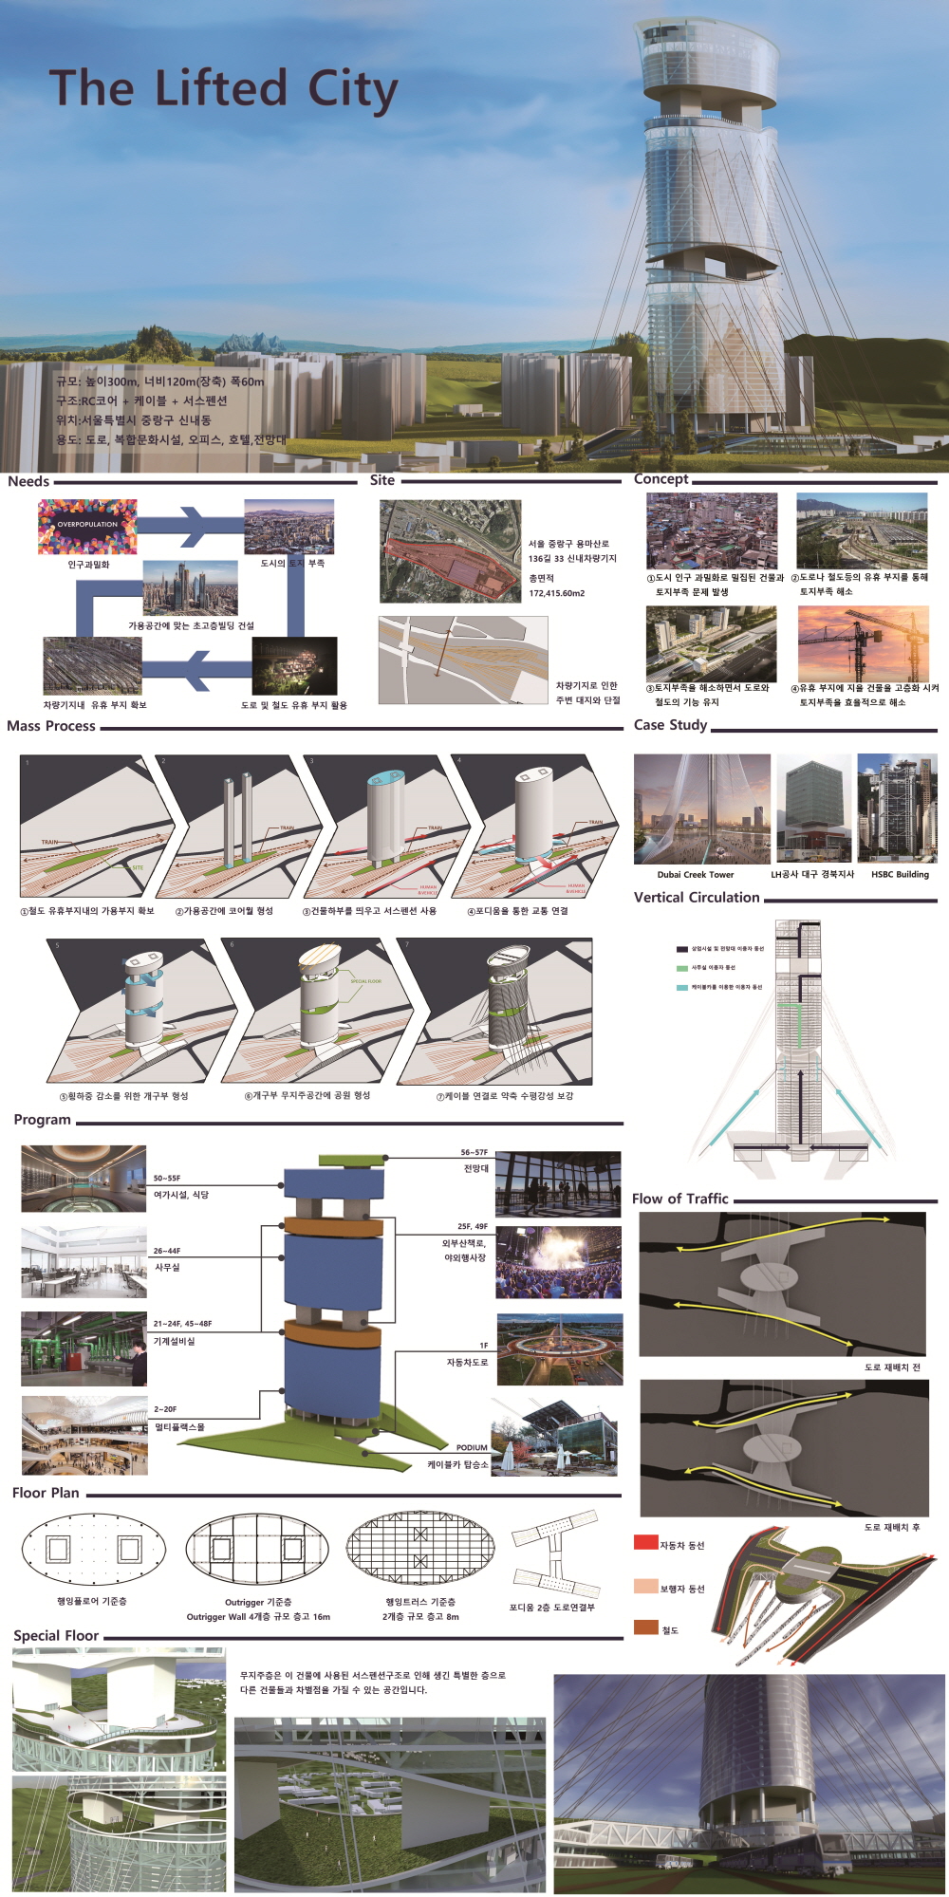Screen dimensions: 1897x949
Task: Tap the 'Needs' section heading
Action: [x=28, y=481]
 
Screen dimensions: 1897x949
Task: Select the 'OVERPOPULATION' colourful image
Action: [x=87, y=526]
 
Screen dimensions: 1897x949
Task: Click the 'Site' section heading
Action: [x=382, y=480]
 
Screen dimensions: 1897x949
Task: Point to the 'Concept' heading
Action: [x=661, y=479]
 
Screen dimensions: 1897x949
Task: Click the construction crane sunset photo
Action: [x=863, y=643]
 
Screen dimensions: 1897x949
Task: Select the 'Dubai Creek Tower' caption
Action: [x=696, y=875]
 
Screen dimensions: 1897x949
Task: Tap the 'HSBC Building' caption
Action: [x=900, y=875]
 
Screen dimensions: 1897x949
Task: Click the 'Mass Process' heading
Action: [x=51, y=726]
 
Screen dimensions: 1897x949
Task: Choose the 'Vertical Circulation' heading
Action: [x=697, y=898]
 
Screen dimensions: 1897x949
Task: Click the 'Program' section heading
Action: [x=43, y=1120]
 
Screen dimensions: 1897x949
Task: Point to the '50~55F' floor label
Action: [x=167, y=1179]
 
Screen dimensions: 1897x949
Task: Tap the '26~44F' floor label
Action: [x=167, y=1251]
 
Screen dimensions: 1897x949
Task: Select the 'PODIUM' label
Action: [x=472, y=1448]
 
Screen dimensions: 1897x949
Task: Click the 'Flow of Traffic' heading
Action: [x=680, y=1200]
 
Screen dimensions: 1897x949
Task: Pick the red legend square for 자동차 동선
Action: [x=645, y=1542]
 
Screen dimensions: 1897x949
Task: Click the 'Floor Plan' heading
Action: [x=46, y=1493]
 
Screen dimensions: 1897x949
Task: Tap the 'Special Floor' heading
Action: [x=56, y=1636]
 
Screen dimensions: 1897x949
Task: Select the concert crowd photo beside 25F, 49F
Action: [x=558, y=1262]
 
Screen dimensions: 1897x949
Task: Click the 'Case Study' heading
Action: [x=671, y=725]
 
